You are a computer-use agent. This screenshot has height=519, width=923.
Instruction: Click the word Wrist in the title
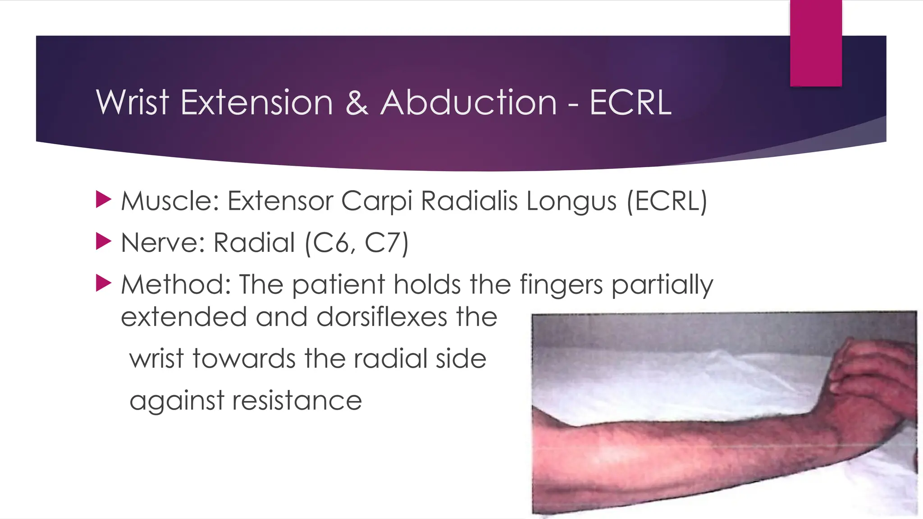tap(133, 103)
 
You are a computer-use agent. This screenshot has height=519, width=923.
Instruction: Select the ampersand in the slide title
tap(356, 103)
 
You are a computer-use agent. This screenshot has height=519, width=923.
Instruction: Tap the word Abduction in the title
tap(469, 103)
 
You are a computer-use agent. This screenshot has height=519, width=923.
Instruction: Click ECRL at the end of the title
tap(630, 103)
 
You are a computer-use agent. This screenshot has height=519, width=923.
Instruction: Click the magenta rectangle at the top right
tap(816, 43)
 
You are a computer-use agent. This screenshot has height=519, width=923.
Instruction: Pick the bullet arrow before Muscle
tap(103, 200)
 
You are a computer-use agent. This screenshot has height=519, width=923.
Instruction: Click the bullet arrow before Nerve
tap(103, 242)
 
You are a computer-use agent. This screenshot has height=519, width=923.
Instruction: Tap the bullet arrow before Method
tap(103, 284)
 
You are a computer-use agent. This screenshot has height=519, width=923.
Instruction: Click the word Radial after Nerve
tap(254, 243)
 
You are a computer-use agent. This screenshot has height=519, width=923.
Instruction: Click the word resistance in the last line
tap(297, 401)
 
